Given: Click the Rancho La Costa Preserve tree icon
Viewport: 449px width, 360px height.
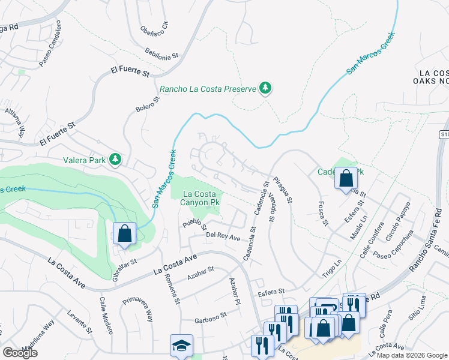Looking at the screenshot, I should coord(265,89).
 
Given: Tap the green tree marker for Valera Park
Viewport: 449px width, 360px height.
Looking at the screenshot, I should coord(115,160).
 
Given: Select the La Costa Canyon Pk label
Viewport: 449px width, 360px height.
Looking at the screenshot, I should coord(196,198).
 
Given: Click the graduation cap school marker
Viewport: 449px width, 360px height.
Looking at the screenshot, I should coord(181,346).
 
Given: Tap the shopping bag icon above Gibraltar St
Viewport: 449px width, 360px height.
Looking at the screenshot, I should coord(124,233).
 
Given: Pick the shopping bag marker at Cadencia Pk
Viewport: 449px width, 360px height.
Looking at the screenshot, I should coord(346,178).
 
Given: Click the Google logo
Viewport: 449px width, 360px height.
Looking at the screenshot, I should coord(20,352).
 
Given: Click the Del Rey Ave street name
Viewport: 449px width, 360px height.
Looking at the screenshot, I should coord(223,237).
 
